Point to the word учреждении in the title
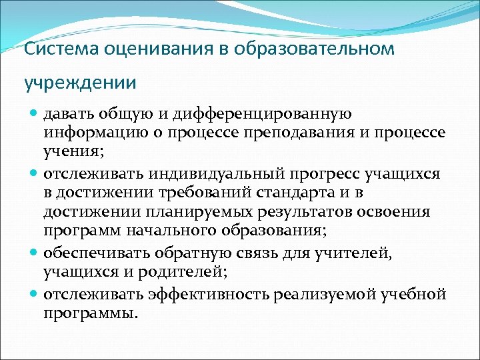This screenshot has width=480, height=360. pos(80,83)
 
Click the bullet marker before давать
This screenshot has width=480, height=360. pos(35,115)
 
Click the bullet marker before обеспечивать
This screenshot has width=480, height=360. pos(35,253)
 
